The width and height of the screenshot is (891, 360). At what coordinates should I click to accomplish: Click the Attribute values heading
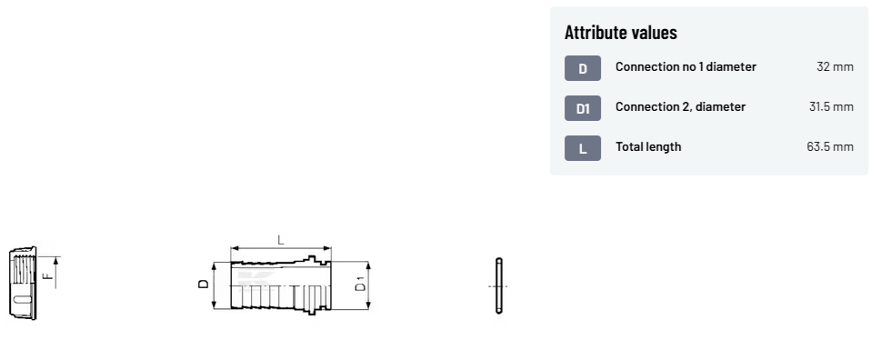click(x=620, y=33)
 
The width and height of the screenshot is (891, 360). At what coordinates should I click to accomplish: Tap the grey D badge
click(x=583, y=68)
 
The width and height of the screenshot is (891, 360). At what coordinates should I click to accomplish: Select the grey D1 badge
click(x=583, y=108)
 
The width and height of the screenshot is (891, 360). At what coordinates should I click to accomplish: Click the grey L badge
click(x=583, y=148)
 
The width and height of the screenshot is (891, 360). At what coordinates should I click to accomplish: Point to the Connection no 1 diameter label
click(x=686, y=66)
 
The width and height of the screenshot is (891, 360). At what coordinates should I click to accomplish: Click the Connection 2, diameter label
click(x=680, y=106)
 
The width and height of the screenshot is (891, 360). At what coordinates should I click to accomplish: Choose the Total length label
click(x=648, y=146)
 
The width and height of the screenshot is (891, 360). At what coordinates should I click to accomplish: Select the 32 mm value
click(x=835, y=66)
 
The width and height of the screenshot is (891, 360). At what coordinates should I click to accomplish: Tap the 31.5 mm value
click(x=831, y=106)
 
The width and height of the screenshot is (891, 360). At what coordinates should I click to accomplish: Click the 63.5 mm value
click(x=830, y=146)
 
